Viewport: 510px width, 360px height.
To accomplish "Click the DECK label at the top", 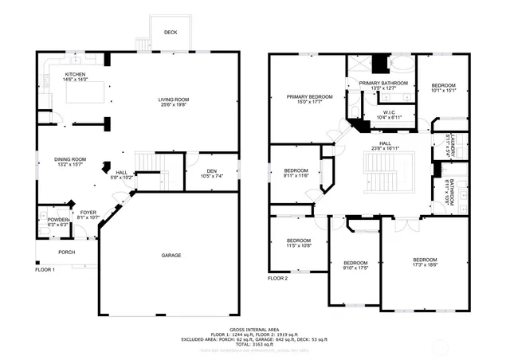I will coord(171,33).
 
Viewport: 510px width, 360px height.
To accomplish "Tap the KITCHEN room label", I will coord(76,74).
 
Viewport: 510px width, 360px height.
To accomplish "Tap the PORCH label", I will coord(66,252).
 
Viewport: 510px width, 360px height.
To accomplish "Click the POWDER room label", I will coord(58,220).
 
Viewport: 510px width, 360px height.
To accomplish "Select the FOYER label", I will coord(88,212).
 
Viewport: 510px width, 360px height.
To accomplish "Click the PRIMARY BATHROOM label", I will coord(383,83).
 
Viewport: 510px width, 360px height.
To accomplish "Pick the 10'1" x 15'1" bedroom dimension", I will coord(444,91).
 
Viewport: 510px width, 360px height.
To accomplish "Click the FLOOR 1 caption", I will coord(45,270).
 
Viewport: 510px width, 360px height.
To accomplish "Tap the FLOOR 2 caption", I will coord(277,278).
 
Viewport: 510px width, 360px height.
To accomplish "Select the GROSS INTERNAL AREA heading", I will coord(254,329).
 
